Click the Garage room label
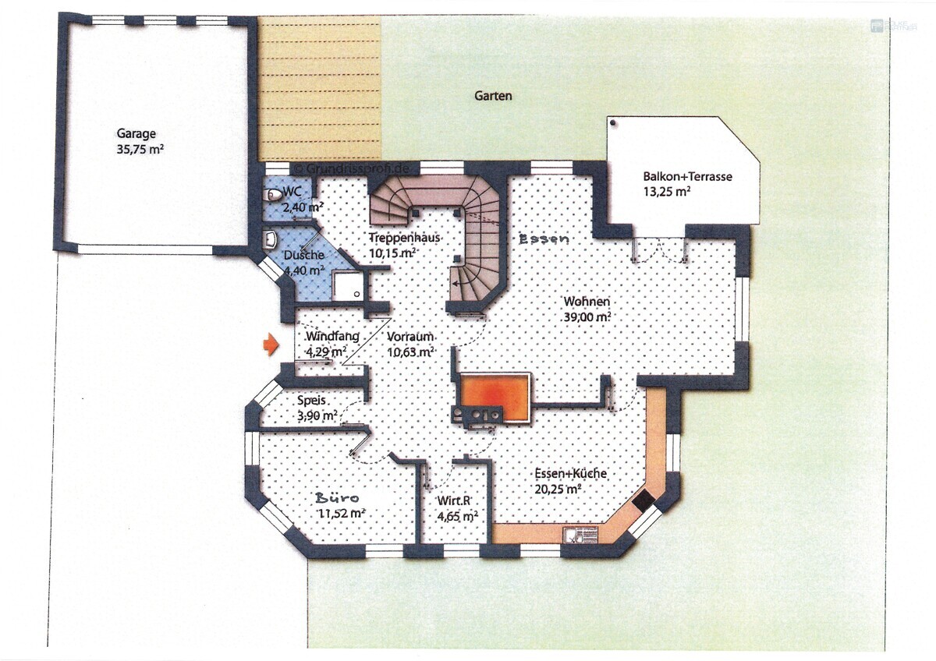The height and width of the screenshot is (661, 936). coord(136,133)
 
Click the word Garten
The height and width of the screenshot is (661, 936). coord(494,96)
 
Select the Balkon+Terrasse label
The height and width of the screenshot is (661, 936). coord(687,177)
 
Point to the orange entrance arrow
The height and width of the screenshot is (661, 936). coord(270,345)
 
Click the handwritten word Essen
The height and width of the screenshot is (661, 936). coord(544,240)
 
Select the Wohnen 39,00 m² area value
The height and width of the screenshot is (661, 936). coord(587,317)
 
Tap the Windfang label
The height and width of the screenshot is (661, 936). coord(332,337)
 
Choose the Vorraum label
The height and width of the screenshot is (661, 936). coord(409,337)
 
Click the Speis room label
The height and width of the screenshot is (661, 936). coord(311,400)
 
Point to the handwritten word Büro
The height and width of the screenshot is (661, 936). coord(337,497)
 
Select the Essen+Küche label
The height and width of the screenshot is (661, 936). coord(571,474)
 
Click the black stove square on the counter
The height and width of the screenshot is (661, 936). coord(644,502)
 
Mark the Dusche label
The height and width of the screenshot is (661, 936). coord(304,255)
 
